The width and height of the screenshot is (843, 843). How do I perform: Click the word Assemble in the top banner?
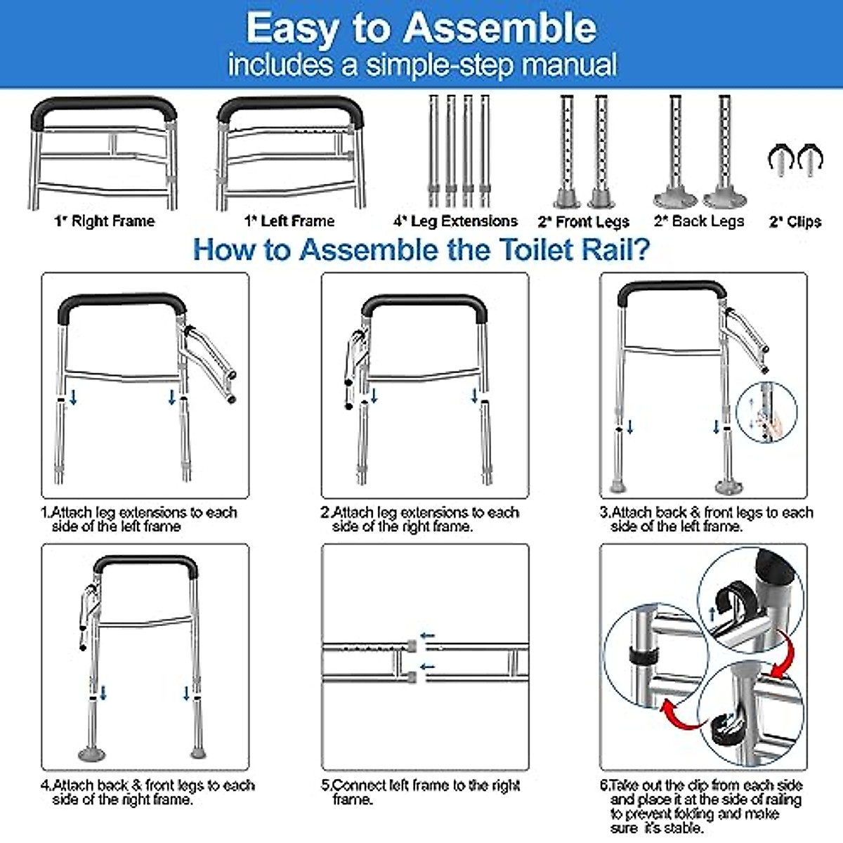499,29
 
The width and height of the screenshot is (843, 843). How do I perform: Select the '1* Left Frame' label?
289,221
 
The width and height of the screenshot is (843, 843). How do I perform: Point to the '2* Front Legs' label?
583,222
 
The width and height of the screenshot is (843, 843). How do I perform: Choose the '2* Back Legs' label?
699,221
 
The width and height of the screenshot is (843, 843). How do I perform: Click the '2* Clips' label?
795,222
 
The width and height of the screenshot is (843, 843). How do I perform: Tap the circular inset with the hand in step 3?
766,412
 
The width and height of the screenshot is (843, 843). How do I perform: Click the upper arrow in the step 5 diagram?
427,636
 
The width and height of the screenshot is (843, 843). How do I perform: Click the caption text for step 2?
419,519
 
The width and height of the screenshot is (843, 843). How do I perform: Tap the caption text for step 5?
420,792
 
